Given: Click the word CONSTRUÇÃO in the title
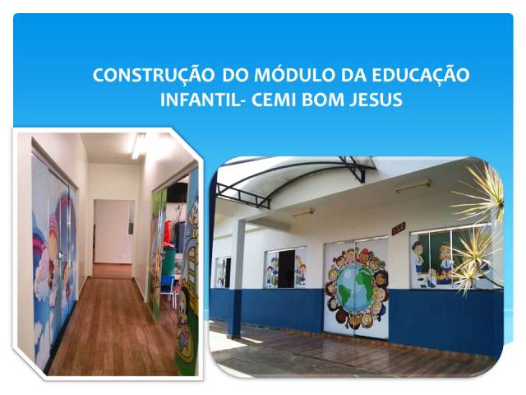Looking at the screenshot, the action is (x=154, y=75).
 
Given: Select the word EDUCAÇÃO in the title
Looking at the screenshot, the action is (x=421, y=75).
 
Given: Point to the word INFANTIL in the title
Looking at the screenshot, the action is (x=199, y=100).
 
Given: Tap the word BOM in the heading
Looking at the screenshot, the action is (x=322, y=100).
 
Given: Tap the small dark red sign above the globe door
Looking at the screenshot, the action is (x=399, y=228).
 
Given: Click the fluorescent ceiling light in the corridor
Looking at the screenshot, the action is (x=138, y=146).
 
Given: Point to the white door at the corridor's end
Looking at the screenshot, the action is (x=112, y=232).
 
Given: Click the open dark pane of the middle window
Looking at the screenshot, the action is (x=286, y=269).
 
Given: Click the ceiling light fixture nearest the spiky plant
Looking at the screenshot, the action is (x=413, y=187).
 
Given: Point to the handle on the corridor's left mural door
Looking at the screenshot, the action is (x=60, y=256).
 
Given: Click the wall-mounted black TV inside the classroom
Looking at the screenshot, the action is (x=177, y=192).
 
